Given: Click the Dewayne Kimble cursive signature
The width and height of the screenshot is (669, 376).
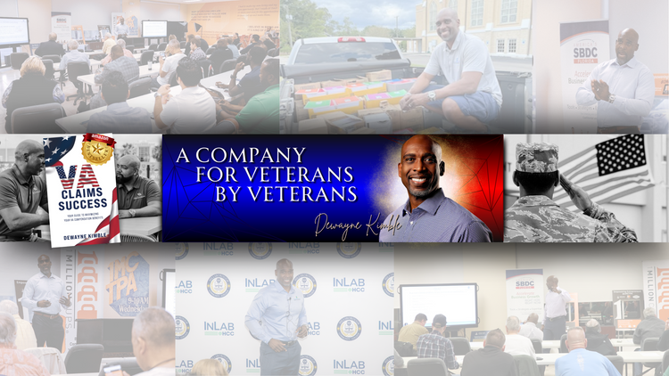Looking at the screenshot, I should coord(347,223).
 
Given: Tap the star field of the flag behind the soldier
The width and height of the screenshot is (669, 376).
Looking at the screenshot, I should coord(621,154).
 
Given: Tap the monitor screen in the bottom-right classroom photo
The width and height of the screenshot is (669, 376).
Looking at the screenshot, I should coord(438,303).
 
